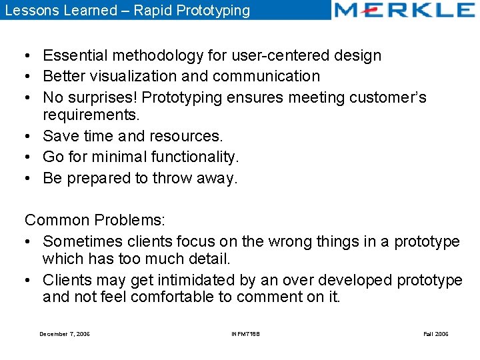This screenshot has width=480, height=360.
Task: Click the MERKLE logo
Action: pos(404,10)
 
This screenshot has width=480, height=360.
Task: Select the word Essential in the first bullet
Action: pos(73,55)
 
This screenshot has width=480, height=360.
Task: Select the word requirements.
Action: pos(91,115)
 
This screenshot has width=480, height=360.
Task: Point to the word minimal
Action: pos(117,157)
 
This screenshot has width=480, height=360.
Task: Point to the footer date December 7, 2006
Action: pos(65,334)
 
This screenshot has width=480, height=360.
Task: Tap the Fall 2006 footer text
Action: pos(436,334)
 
